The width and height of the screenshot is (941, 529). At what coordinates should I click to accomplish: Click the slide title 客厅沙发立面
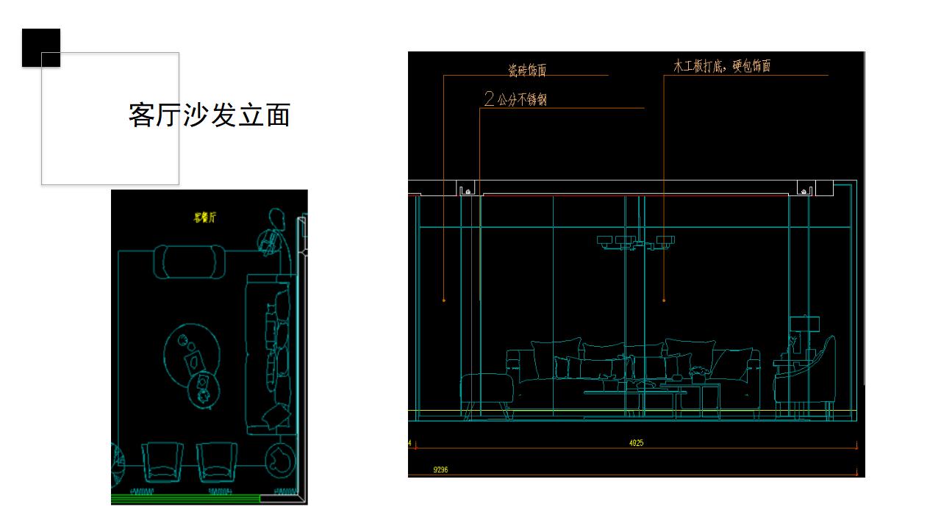click(210, 115)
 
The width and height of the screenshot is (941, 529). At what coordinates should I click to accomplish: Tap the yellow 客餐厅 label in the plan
click(205, 217)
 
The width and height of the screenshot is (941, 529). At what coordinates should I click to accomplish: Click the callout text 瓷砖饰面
click(527, 71)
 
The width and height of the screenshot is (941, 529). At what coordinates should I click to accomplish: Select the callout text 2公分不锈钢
click(515, 99)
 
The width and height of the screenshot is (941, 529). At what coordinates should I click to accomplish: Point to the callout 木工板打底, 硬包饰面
click(722, 66)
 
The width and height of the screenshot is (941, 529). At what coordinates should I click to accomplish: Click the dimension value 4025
click(637, 443)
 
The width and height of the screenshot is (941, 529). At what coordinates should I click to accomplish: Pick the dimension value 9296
click(441, 469)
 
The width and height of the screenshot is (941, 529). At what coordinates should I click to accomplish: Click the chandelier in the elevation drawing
click(637, 242)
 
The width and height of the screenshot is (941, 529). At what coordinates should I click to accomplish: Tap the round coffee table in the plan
click(191, 356)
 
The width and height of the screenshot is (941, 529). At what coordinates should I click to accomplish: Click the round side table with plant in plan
click(280, 460)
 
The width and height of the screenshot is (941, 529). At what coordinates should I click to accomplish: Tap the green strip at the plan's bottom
click(186, 499)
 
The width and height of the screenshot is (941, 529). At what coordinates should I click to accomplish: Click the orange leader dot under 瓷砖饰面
click(443, 300)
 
